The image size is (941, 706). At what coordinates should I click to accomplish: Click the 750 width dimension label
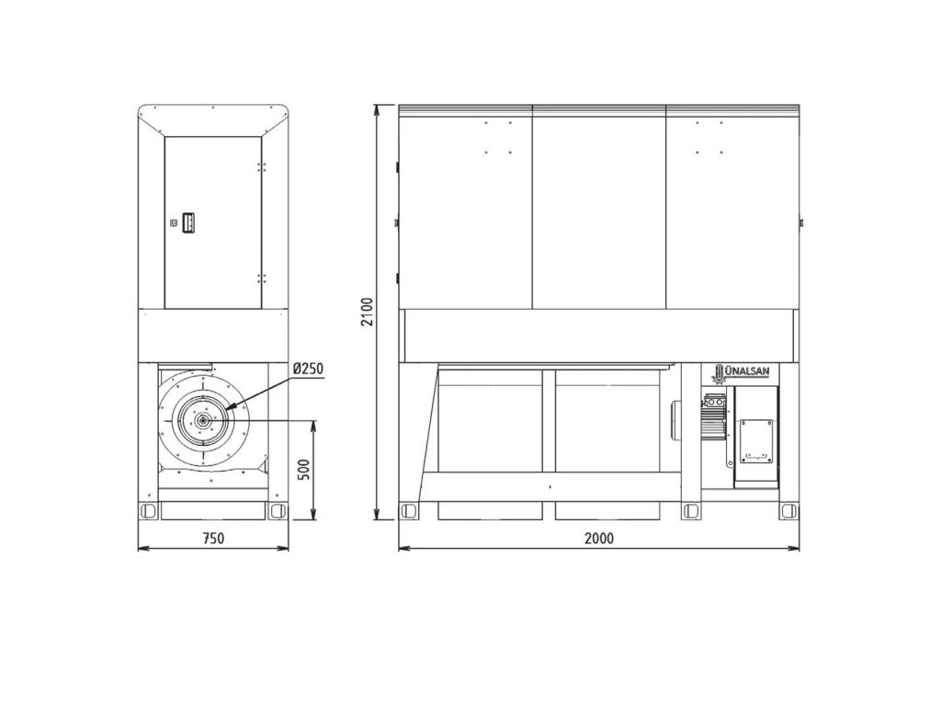213,538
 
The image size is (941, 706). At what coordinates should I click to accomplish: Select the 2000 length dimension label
599,538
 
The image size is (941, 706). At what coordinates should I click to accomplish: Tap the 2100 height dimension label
367,312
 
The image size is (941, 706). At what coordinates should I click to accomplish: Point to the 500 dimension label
303,470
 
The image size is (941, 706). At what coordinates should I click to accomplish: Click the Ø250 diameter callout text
309,369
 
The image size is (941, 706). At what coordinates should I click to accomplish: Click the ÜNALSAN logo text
746,371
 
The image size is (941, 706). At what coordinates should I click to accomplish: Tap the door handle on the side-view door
187,222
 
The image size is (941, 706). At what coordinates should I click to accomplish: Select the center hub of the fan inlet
204,421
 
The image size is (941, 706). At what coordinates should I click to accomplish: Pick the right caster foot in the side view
278,511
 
